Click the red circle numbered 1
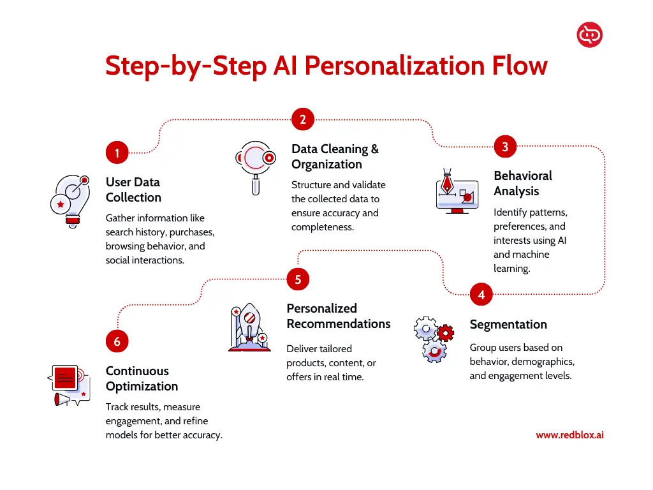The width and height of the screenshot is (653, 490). (117, 152)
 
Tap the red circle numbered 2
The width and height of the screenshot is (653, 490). (303, 119)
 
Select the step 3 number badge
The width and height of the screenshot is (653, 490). (505, 146)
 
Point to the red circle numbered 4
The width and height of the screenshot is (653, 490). (481, 294)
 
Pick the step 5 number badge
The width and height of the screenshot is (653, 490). (298, 279)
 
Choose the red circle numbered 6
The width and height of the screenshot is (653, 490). (117, 341)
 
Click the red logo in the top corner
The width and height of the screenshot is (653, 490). (589, 34)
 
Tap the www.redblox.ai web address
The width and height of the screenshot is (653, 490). (569, 435)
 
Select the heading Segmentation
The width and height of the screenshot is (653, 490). (508, 324)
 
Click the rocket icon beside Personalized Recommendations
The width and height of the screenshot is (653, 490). (249, 327)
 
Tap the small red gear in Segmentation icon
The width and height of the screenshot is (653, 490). (445, 332)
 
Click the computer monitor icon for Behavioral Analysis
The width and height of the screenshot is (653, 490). (457, 191)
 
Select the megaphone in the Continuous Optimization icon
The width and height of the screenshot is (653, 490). (62, 399)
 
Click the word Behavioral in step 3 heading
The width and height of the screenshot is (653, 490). (523, 175)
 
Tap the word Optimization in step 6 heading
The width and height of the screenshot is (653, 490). (142, 386)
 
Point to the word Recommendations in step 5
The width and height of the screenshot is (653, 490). (339, 323)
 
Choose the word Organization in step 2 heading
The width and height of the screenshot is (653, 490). (326, 164)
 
